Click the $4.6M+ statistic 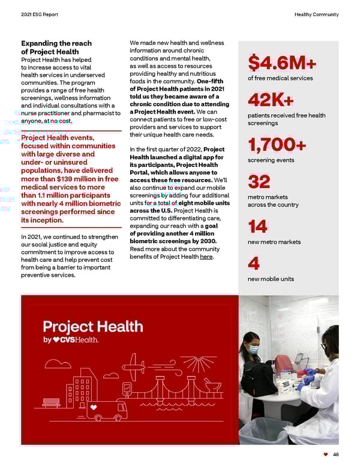[281, 62]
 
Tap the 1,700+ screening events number [277, 145]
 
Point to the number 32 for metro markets [259, 181]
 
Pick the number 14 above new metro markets [257, 227]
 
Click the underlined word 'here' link [206, 257]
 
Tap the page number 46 [335, 455]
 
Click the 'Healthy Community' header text [316, 14]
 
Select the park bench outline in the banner [51, 402]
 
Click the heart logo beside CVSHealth [58, 340]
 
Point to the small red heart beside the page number [325, 455]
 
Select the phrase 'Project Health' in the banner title [92, 327]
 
